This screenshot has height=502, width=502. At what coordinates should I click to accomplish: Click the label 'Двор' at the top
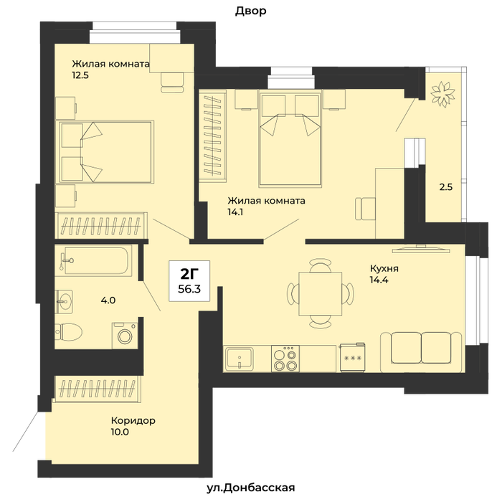click(251, 11)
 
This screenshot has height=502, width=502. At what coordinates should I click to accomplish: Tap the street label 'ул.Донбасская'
click(251, 488)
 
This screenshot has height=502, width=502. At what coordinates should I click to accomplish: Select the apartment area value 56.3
click(189, 289)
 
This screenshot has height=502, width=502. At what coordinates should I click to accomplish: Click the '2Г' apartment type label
click(189, 274)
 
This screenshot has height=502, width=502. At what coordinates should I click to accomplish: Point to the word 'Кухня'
click(384, 268)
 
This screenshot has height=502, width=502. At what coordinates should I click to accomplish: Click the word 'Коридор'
click(133, 420)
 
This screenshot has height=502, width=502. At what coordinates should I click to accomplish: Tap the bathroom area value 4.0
click(108, 300)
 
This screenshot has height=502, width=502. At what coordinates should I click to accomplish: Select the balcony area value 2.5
click(445, 187)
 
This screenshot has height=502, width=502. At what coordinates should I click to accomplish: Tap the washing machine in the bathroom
click(125, 336)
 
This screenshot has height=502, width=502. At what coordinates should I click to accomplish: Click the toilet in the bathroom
click(68, 332)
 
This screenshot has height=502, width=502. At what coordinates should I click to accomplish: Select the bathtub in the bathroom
click(93, 260)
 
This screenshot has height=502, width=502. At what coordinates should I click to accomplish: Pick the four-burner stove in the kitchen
click(285, 359)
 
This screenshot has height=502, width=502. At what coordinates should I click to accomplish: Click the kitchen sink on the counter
click(239, 358)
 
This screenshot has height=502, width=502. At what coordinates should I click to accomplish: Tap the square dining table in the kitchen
click(320, 293)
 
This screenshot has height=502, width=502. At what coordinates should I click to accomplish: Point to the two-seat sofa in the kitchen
click(422, 352)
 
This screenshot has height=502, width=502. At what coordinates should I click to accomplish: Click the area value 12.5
click(80, 76)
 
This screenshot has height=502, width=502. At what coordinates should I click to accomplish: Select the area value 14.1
click(235, 212)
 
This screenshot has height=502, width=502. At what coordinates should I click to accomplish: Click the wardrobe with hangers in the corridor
click(98, 389)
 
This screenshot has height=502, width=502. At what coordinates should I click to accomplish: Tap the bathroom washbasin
click(64, 301)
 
